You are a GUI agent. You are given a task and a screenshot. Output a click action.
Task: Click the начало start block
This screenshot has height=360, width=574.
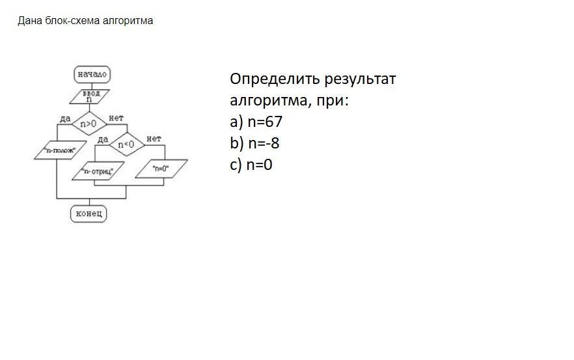92,74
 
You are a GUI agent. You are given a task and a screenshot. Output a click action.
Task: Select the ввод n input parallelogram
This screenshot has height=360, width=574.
90,97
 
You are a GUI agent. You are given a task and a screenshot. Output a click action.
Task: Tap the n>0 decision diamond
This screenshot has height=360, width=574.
89,122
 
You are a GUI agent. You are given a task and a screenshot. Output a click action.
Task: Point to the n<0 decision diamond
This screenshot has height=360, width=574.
126,144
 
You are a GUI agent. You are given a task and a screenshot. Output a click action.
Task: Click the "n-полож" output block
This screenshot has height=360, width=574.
60,150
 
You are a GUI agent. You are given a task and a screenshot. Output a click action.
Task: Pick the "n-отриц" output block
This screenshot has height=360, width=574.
98,172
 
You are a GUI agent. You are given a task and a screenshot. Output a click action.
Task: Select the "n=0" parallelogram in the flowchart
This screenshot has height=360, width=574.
161,169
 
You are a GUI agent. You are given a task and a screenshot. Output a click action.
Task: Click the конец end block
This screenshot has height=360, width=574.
88,213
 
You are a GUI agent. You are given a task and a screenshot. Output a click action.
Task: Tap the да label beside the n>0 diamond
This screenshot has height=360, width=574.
64,118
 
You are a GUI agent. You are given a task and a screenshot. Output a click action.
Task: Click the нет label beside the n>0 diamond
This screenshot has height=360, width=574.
116,118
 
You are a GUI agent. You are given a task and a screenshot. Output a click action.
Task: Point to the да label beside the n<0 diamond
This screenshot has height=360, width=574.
102,139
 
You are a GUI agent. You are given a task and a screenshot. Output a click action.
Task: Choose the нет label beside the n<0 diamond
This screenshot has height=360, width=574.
154,139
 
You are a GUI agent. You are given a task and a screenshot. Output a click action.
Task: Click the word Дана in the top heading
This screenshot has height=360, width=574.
29,21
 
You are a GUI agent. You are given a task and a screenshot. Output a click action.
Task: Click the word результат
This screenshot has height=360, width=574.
361,79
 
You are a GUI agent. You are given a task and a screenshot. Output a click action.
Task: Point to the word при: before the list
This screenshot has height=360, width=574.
332,101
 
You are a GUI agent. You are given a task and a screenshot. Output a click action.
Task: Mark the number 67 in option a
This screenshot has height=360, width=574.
274,122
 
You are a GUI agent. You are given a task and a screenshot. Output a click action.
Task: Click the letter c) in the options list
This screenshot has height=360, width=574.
236,165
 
